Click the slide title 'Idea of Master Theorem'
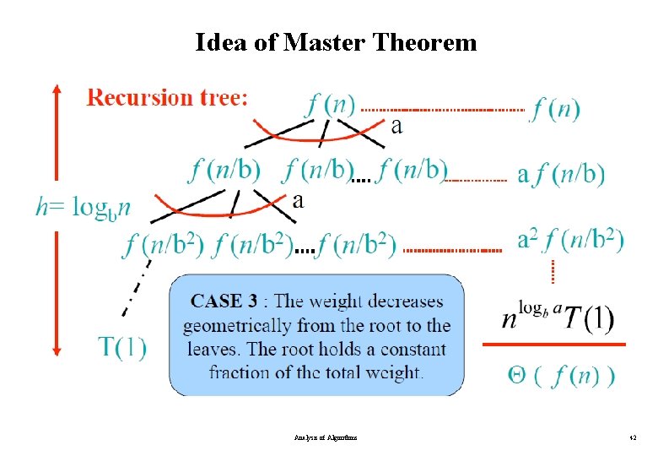click(x=336, y=41)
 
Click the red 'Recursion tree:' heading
click(x=168, y=98)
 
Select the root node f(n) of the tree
click(x=329, y=105)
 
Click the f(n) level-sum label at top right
click(x=554, y=109)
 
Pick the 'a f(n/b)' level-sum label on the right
click(x=560, y=175)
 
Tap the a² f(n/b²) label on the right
click(x=570, y=241)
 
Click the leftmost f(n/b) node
click(x=224, y=170)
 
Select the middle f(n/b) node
click(x=317, y=170)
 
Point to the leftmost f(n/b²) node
click(x=164, y=245)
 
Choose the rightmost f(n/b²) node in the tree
click(x=357, y=245)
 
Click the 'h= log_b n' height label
click(x=84, y=206)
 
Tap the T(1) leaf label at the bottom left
click(x=122, y=346)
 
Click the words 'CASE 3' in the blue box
click(x=224, y=301)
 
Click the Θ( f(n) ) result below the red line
click(x=561, y=376)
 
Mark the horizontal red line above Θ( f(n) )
click(x=553, y=345)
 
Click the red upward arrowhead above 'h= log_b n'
click(x=57, y=88)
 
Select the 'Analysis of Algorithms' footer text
click(x=326, y=438)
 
